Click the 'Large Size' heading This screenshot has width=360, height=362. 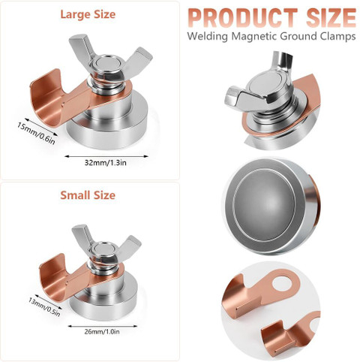88,14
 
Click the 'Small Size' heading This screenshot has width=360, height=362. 88,195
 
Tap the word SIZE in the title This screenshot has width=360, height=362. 331,18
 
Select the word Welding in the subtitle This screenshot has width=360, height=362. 208,36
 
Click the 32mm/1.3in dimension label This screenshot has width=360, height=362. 106,163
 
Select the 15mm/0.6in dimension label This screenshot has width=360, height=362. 36,133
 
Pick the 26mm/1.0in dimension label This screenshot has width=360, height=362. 102,332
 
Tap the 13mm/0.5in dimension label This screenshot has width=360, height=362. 44,307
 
